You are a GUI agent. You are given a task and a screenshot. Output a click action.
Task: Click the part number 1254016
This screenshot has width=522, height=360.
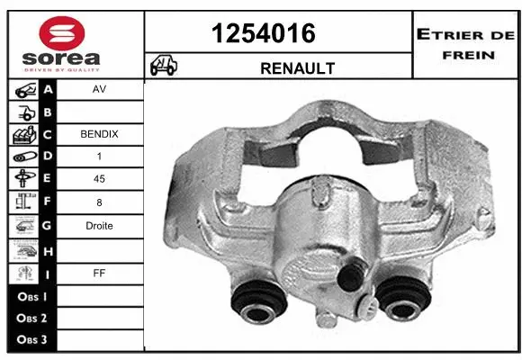263,33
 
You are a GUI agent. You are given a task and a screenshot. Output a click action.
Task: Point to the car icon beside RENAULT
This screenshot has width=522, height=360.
163,67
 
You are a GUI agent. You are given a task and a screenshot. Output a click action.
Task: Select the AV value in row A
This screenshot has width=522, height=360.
99,91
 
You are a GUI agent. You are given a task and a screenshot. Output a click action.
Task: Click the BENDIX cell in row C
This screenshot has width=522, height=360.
99,134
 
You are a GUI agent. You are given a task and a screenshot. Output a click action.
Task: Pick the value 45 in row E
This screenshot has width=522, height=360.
99,179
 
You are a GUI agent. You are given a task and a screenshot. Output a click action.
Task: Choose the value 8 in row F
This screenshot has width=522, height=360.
99,202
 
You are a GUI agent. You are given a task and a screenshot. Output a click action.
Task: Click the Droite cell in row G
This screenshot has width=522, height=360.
99,226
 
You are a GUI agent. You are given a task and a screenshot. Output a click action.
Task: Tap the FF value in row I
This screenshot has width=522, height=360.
99,271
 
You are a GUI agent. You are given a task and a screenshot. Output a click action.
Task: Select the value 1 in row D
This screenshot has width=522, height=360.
99,157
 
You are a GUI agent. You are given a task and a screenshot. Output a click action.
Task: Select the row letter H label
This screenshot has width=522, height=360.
48,249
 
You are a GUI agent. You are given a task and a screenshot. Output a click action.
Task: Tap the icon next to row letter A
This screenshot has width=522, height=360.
23,91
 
